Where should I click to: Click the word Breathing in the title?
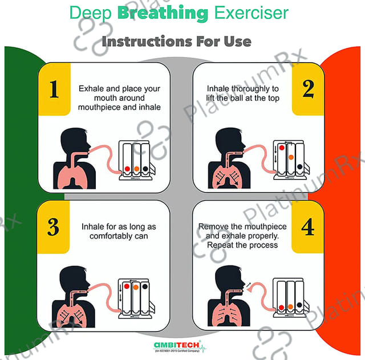tap(163, 14)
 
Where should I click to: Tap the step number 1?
tap(54, 89)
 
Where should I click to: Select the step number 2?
tap(308, 89)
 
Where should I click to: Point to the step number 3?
tap(53, 227)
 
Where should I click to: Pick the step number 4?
tap(308, 227)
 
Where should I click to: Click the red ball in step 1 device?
tap(127, 169)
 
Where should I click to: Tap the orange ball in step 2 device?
tap(291, 157)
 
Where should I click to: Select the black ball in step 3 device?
tap(145, 287)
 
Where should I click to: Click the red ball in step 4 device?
tap(281, 308)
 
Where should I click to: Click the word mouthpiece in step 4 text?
tap(263, 227)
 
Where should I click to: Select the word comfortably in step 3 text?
tap(111, 236)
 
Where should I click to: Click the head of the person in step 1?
tap(74, 140)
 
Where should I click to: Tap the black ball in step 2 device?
tap(300, 166)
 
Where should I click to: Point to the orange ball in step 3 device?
tap(136, 287)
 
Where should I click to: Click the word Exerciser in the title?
tap(251, 13)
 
